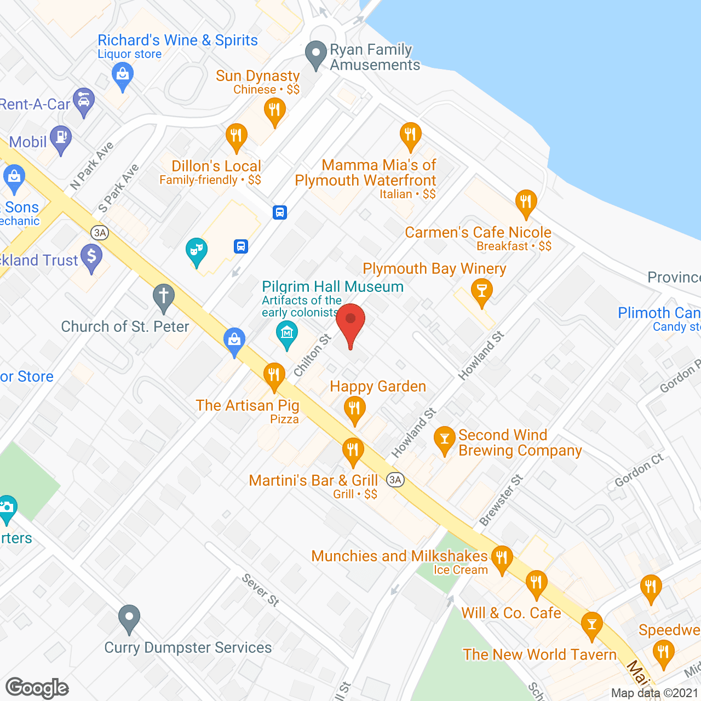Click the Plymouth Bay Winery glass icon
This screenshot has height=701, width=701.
pos(481,291)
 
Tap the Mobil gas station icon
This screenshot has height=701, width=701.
pos(61,138)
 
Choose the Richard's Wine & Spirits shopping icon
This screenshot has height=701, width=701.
pos(123,75)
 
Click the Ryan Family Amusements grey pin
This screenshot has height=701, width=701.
pos(315,55)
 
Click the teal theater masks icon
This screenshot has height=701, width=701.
pos(196,251)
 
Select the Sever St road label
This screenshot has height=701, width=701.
pos(261,590)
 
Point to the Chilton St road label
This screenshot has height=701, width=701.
pos(313,355)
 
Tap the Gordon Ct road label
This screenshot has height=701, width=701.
pos(639,470)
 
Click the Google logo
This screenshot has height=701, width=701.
pos(37,687)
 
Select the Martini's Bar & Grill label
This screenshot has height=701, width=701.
pos(313,480)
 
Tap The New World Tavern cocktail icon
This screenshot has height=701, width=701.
pos(591,624)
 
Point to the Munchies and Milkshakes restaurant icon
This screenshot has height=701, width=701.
pos(502,559)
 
